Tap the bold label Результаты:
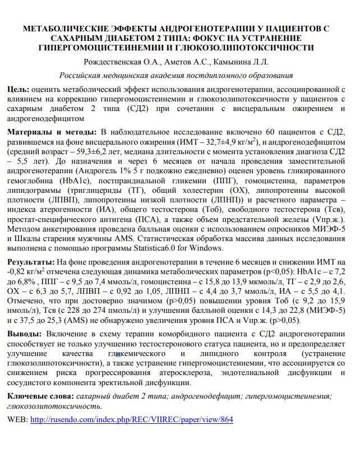click(31, 262)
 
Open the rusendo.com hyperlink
click(131, 419)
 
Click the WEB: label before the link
click(17, 419)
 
